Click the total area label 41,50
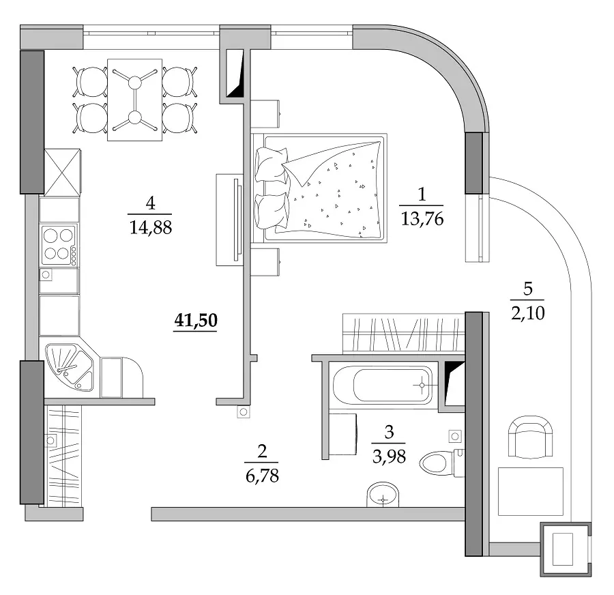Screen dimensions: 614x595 click(196, 320)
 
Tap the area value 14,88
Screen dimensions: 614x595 click(150, 227)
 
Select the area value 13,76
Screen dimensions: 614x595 click(422, 218)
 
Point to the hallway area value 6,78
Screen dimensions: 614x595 click(262, 476)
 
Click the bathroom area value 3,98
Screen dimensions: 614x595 click(389, 456)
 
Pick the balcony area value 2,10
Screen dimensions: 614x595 click(527, 313)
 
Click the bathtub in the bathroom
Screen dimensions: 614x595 click(383, 385)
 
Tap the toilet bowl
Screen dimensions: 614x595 click(441, 463)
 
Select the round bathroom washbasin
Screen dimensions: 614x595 click(383, 495)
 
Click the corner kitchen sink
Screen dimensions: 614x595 click(70, 367)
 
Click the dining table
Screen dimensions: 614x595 click(134, 100)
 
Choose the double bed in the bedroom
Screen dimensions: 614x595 click(319, 188)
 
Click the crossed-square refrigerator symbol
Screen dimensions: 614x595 click(63, 173)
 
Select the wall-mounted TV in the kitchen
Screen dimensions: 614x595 click(229, 220)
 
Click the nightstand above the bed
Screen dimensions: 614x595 click(265, 113)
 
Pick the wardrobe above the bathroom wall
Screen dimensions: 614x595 click(404, 334)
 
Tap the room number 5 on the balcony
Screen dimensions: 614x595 click(528, 289)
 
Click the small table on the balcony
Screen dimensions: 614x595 click(531, 491)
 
